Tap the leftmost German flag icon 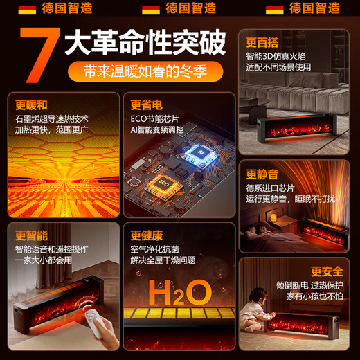click(x=28, y=9)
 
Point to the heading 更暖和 click(x=31, y=105)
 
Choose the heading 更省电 click(x=146, y=105)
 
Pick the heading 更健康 click(x=146, y=235)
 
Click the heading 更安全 click(x=326, y=271)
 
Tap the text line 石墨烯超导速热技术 click(x=52, y=118)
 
